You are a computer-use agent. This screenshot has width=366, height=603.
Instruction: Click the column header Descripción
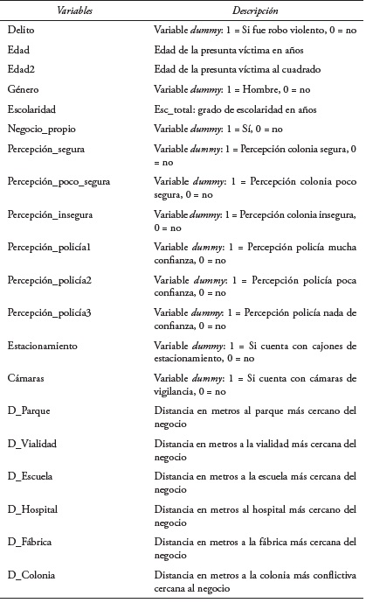click(255, 11)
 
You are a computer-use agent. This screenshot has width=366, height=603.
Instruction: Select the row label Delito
click(19, 30)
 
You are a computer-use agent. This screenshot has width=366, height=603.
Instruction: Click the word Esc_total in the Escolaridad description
click(174, 109)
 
